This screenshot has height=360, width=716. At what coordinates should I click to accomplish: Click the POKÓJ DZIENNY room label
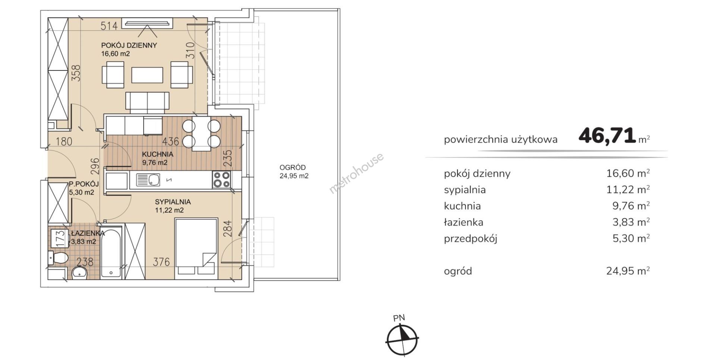[129, 45]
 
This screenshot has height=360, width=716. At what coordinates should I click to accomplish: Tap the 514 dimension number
[109, 26]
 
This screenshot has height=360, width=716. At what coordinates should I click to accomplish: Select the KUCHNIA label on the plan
[157, 154]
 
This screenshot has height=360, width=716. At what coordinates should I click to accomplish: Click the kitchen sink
[148, 180]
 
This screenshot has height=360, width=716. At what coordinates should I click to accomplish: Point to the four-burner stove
[222, 180]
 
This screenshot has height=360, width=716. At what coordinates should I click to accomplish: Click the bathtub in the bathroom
[112, 252]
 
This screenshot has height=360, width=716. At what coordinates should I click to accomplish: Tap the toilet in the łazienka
[58, 258]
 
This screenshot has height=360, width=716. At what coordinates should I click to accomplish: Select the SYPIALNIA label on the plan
[173, 202]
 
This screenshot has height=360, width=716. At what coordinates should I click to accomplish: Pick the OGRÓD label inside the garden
[293, 168]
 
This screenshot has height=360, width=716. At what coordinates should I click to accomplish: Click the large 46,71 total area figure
[607, 135]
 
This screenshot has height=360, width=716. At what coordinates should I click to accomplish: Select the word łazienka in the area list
[464, 222]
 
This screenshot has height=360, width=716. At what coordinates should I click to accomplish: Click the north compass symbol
[402, 339]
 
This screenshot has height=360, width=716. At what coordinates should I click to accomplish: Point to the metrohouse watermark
[356, 173]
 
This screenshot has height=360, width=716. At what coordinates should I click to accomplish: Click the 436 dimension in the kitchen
[171, 141]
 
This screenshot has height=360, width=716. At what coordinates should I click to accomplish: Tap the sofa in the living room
[147, 102]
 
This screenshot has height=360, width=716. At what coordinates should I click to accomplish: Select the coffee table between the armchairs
[147, 75]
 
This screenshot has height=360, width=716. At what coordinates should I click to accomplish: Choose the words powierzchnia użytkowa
[500, 140]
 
